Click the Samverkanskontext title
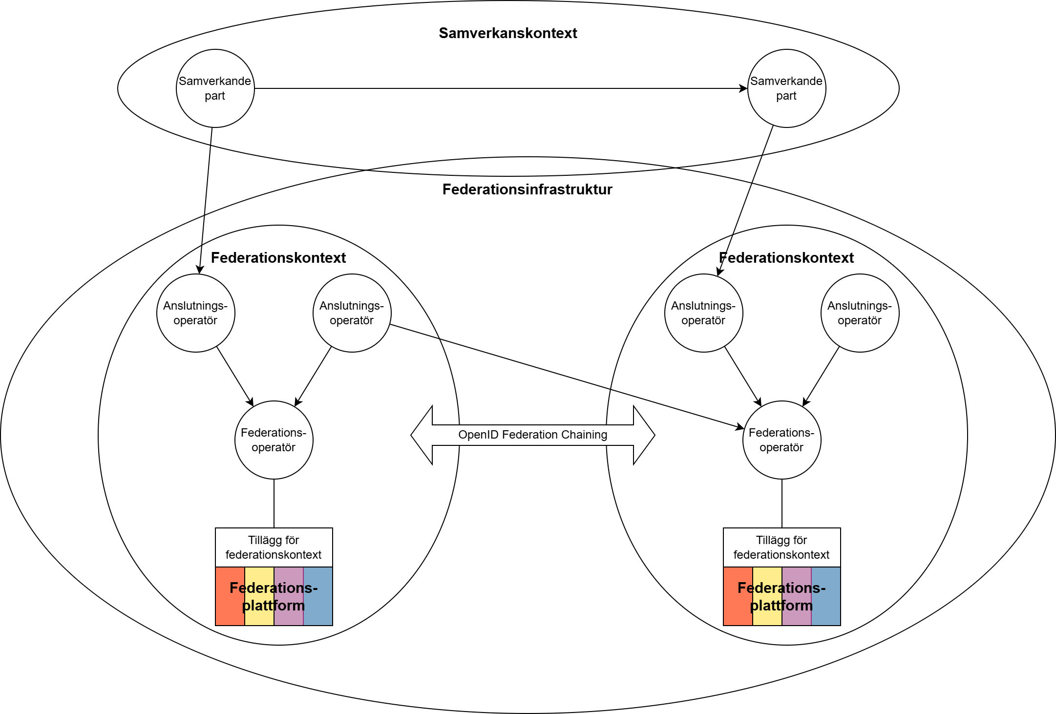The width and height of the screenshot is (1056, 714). pos(507,33)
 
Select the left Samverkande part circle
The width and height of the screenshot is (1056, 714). pos(215,88)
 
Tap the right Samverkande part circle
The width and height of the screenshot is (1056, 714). pos(786,88)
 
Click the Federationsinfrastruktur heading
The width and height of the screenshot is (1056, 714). pos(527,189)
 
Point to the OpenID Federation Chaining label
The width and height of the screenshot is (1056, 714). pos(532,435)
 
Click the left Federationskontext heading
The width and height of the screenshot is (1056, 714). pos(278,258)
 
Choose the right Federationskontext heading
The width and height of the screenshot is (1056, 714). pos(786,258)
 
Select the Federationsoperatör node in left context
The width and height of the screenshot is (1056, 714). pos(274,440)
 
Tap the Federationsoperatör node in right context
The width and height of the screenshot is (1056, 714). pos(781,440)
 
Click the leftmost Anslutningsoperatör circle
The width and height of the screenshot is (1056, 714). pos(195,313)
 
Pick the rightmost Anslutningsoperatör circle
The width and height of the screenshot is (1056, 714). pos(860,313)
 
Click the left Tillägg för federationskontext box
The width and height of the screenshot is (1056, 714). pos(274,547)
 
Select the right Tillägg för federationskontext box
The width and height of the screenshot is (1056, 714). pos(781,547)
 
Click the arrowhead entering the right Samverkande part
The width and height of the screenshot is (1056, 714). pos(743,88)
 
